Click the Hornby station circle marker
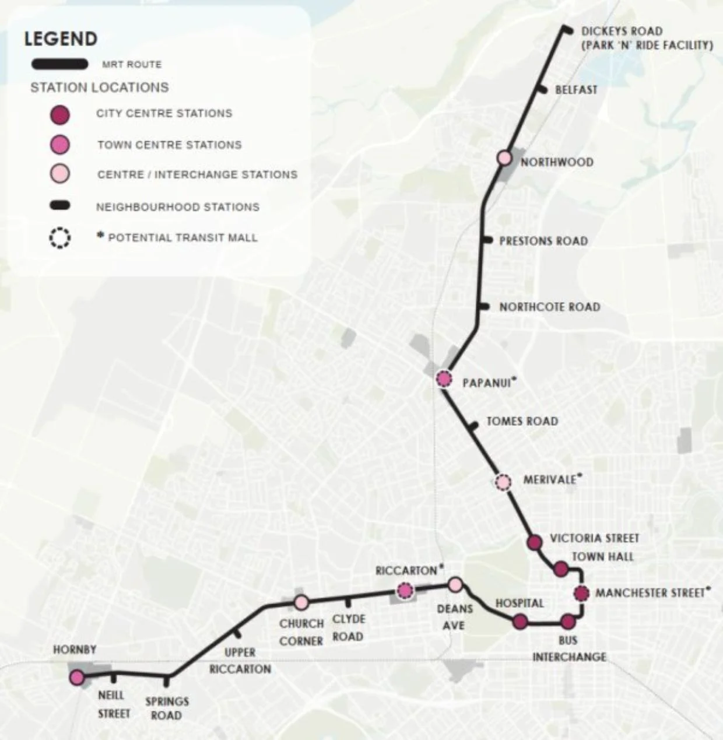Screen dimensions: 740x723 [x=76, y=677]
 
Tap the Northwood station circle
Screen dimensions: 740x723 [x=504, y=158]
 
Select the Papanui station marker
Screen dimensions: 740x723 [x=444, y=379]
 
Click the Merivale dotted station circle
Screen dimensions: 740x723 [x=503, y=482]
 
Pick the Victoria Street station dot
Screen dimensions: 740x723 [x=534, y=542]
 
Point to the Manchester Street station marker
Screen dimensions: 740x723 [x=580, y=594]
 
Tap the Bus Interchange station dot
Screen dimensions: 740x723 [x=568, y=622]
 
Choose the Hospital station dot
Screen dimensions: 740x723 [x=520, y=622]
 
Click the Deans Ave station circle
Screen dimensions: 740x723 [x=455, y=584]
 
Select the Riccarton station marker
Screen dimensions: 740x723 [x=405, y=591]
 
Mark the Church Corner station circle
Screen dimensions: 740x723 [x=301, y=602]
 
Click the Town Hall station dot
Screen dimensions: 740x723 [x=560, y=569]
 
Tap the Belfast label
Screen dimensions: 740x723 [x=576, y=90]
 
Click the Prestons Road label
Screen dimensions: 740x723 [x=543, y=241]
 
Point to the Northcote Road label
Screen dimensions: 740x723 [x=549, y=307]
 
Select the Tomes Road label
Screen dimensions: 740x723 [x=522, y=421]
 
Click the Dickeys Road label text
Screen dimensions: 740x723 [x=622, y=31]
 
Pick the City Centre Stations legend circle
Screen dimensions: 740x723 [x=60, y=114]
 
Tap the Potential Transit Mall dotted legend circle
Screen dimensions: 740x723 [x=59, y=238]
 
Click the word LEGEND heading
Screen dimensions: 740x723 [x=61, y=39]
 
